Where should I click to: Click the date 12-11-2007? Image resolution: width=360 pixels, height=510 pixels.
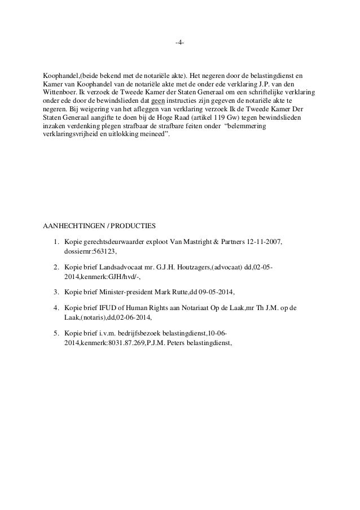[x=265, y=242]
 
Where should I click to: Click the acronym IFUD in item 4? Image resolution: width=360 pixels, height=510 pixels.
[x=109, y=307]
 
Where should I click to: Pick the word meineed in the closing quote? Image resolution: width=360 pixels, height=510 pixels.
[x=152, y=134]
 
